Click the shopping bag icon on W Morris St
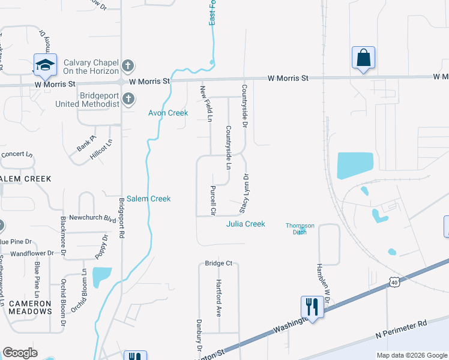(363, 58)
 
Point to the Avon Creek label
(168, 113)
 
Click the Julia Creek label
(246, 224)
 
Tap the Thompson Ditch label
(300, 228)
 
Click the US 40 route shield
(394, 282)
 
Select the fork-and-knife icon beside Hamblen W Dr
(312, 307)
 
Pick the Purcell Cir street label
(213, 200)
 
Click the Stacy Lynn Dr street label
(244, 193)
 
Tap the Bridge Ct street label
(218, 263)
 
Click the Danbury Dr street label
(198, 335)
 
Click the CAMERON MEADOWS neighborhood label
(30, 307)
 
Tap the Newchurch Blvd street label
(92, 219)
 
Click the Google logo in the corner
(20, 353)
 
